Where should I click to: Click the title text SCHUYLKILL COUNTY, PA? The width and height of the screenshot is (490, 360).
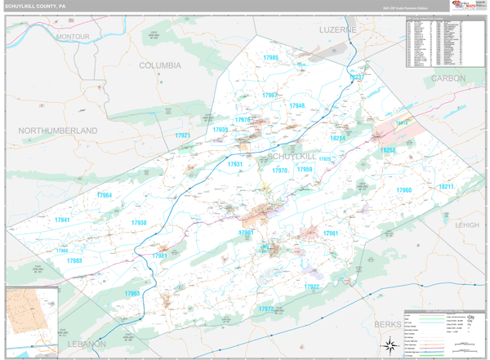(37, 6)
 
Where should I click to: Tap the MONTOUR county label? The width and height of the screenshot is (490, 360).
(73, 38)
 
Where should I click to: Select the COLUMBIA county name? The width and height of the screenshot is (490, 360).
(160, 65)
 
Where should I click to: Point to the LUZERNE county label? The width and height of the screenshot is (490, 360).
(339, 29)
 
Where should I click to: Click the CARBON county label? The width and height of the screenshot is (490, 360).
(448, 78)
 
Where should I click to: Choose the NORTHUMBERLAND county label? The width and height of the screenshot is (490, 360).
(58, 131)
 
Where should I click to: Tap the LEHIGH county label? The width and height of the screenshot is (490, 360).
(468, 224)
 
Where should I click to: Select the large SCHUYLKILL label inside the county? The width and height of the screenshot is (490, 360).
(292, 155)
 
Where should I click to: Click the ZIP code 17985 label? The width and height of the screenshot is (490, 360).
(271, 58)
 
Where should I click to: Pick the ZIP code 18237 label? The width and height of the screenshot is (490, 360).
(356, 78)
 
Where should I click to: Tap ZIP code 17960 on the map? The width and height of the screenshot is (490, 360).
(404, 190)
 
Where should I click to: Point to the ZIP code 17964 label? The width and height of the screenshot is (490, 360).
(104, 195)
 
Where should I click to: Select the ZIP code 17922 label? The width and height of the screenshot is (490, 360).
(312, 287)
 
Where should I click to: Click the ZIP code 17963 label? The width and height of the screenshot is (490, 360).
(132, 293)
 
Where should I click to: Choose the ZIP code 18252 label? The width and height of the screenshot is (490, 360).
(387, 150)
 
